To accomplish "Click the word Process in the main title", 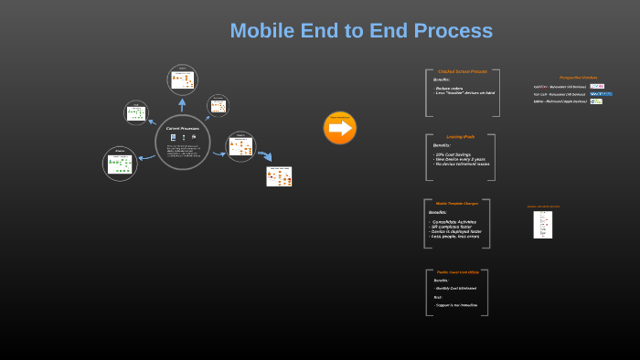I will pyautogui.click(x=453, y=31).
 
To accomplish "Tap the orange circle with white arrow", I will pyautogui.click(x=339, y=128).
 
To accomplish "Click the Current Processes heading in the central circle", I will pyautogui.click(x=182, y=129).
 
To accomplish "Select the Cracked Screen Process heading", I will pyautogui.click(x=462, y=71).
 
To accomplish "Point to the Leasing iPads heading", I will pyautogui.click(x=460, y=136).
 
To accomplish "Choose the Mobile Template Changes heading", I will pyautogui.click(x=457, y=203).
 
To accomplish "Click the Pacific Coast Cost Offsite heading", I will pyautogui.click(x=458, y=272).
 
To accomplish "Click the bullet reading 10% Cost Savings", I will pyautogui.click(x=453, y=154).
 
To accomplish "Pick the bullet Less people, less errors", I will pyautogui.click(x=455, y=236).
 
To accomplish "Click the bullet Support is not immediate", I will pyautogui.click(x=457, y=304).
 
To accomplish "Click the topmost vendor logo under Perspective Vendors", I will pyautogui.click(x=597, y=86).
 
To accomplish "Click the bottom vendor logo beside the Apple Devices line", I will pyautogui.click(x=596, y=101).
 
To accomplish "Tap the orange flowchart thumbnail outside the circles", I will pyautogui.click(x=279, y=175).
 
